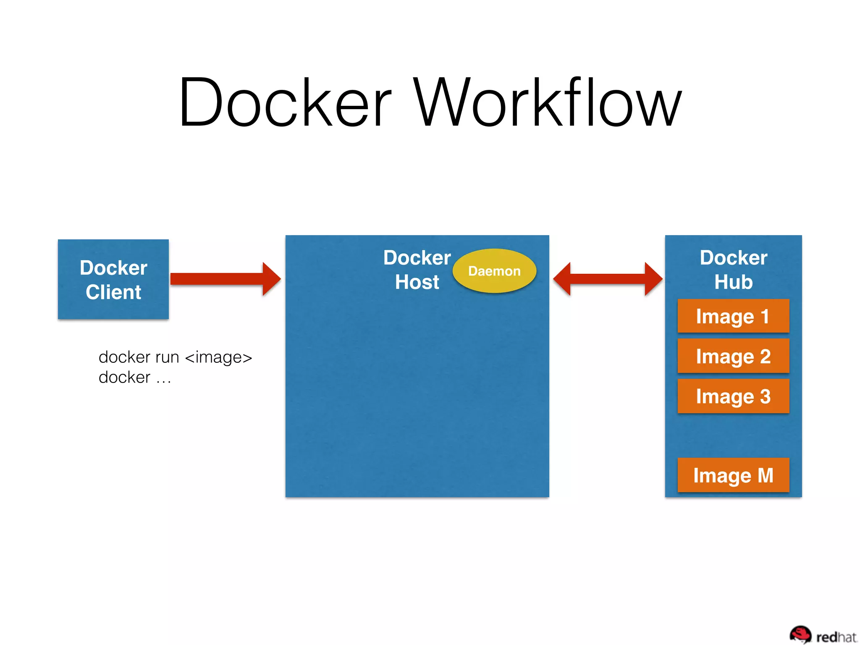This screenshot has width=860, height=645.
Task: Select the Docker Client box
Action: tap(113, 279)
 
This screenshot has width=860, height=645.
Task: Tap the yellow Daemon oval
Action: tap(494, 271)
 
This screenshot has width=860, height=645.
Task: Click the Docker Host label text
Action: tap(417, 270)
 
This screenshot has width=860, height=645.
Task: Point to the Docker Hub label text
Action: tap(733, 270)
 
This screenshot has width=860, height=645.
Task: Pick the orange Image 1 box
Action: tap(733, 316)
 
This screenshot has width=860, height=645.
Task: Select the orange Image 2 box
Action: tap(733, 356)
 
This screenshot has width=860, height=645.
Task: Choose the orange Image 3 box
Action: tap(733, 396)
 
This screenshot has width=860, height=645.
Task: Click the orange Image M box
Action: tap(733, 475)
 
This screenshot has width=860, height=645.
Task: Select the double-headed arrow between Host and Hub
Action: tap(608, 279)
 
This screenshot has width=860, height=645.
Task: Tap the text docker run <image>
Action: tap(175, 357)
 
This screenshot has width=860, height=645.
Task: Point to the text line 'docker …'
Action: tap(135, 378)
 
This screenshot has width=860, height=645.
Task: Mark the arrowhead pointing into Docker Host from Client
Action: tap(271, 279)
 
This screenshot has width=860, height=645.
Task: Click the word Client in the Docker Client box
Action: tap(113, 292)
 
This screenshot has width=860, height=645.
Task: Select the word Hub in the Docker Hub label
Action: tap(733, 282)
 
